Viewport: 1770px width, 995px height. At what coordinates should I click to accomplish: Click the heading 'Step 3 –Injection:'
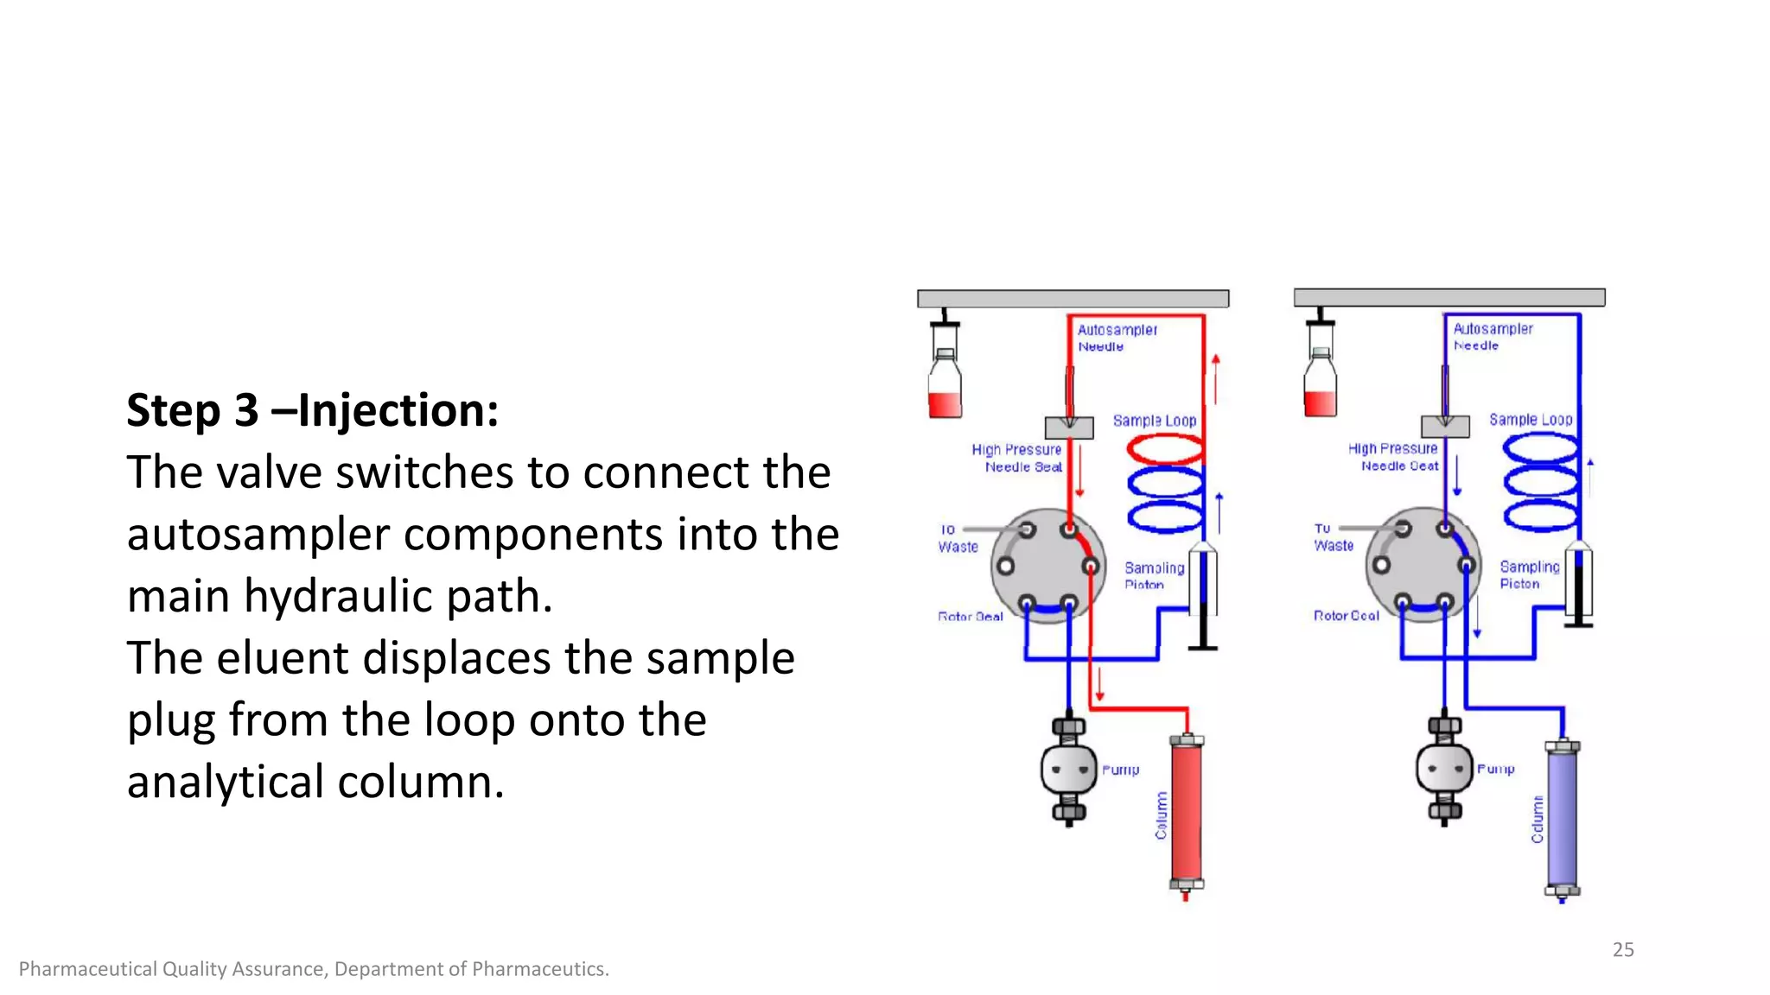[312, 410]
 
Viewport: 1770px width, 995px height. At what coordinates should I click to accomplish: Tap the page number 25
[1623, 949]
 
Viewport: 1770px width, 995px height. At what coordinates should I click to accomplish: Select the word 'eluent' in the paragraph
[287, 658]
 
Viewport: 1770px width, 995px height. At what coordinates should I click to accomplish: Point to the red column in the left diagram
[1186, 812]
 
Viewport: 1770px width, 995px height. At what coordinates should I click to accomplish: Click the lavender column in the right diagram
[1562, 816]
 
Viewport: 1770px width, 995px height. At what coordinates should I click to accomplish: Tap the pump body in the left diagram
[1069, 769]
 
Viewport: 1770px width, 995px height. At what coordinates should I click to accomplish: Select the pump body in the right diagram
[1444, 767]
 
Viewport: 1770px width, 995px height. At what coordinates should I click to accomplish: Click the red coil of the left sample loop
[1165, 449]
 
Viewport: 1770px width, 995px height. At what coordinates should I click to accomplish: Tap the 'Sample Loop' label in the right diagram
[1530, 420]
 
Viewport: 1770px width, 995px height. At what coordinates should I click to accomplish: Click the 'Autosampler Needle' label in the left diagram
[1116, 338]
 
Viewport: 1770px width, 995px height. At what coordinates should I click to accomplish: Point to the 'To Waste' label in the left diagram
[958, 538]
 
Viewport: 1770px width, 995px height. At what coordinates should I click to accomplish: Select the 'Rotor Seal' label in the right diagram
[1346, 616]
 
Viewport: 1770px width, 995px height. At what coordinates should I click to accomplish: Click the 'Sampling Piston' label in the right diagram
[1529, 575]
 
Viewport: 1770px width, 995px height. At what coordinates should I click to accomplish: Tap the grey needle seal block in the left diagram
[1069, 428]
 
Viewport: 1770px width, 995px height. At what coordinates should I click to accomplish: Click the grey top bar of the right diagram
[1448, 297]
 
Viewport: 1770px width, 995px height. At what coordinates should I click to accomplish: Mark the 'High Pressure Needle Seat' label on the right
[1393, 457]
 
